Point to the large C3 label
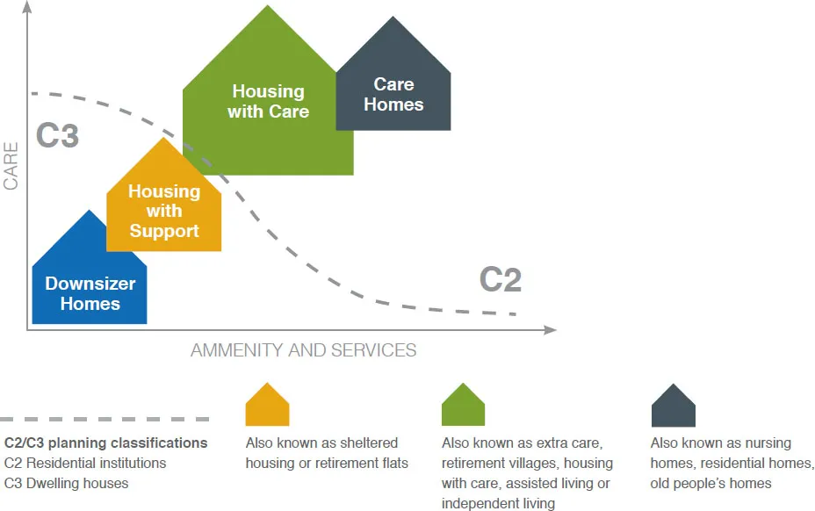(x=58, y=137)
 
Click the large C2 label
(x=501, y=280)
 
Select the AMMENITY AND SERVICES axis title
(x=303, y=350)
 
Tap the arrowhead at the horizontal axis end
(x=551, y=330)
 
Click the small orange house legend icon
(x=267, y=406)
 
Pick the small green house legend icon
(x=463, y=406)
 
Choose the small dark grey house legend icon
(x=673, y=406)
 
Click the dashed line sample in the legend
(x=105, y=420)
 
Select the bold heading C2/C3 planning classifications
(x=106, y=443)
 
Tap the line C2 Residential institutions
(x=85, y=463)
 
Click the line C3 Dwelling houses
(x=66, y=483)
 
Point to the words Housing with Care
(x=268, y=101)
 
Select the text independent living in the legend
(x=498, y=503)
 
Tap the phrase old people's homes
(x=710, y=483)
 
